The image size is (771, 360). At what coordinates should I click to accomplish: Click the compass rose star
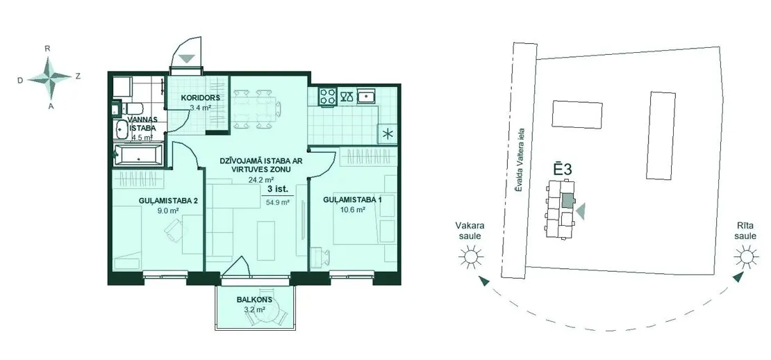(49, 77)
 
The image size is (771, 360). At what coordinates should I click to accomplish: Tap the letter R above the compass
(48, 48)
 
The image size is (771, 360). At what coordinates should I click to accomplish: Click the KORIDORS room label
(200, 97)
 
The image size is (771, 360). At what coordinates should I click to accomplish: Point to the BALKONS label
(254, 300)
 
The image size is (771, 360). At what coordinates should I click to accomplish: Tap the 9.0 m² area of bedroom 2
(164, 210)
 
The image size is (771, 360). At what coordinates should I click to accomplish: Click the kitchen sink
(366, 96)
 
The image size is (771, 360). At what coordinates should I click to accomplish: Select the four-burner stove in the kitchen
(328, 95)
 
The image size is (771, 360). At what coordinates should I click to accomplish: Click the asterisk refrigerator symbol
(387, 133)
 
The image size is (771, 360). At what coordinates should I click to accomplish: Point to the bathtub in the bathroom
(138, 156)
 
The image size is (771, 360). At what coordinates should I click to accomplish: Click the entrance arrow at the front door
(187, 58)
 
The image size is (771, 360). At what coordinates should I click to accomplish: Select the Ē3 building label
(562, 170)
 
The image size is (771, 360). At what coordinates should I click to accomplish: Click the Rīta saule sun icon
(746, 256)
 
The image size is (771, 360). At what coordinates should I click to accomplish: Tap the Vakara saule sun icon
(470, 256)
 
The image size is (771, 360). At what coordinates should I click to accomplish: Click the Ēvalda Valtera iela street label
(521, 161)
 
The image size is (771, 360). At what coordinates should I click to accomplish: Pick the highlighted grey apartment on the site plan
(567, 200)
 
